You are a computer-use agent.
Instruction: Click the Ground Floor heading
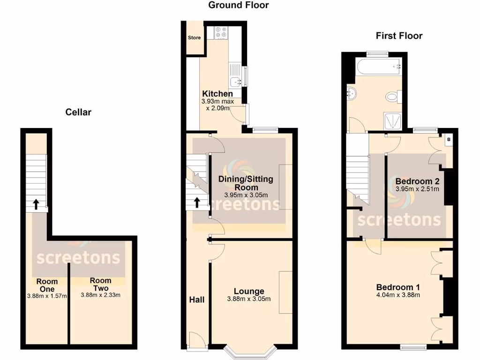239,5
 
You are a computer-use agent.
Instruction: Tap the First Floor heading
399,36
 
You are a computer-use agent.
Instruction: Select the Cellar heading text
78,112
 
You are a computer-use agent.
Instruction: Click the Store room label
194,37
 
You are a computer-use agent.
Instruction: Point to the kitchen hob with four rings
221,32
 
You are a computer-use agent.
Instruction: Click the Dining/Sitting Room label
245,183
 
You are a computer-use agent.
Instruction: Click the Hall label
197,299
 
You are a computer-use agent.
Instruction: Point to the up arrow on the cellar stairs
36,204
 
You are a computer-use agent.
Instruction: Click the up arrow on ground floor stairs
196,202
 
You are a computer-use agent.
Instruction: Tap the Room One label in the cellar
47,285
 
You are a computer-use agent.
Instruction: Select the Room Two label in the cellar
100,285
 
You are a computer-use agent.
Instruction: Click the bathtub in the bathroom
377,67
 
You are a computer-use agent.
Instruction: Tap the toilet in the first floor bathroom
392,97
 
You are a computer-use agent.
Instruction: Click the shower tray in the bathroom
393,120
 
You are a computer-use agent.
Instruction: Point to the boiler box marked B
449,139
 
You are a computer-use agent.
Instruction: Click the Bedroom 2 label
417,181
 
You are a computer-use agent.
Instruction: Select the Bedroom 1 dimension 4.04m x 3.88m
398,295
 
